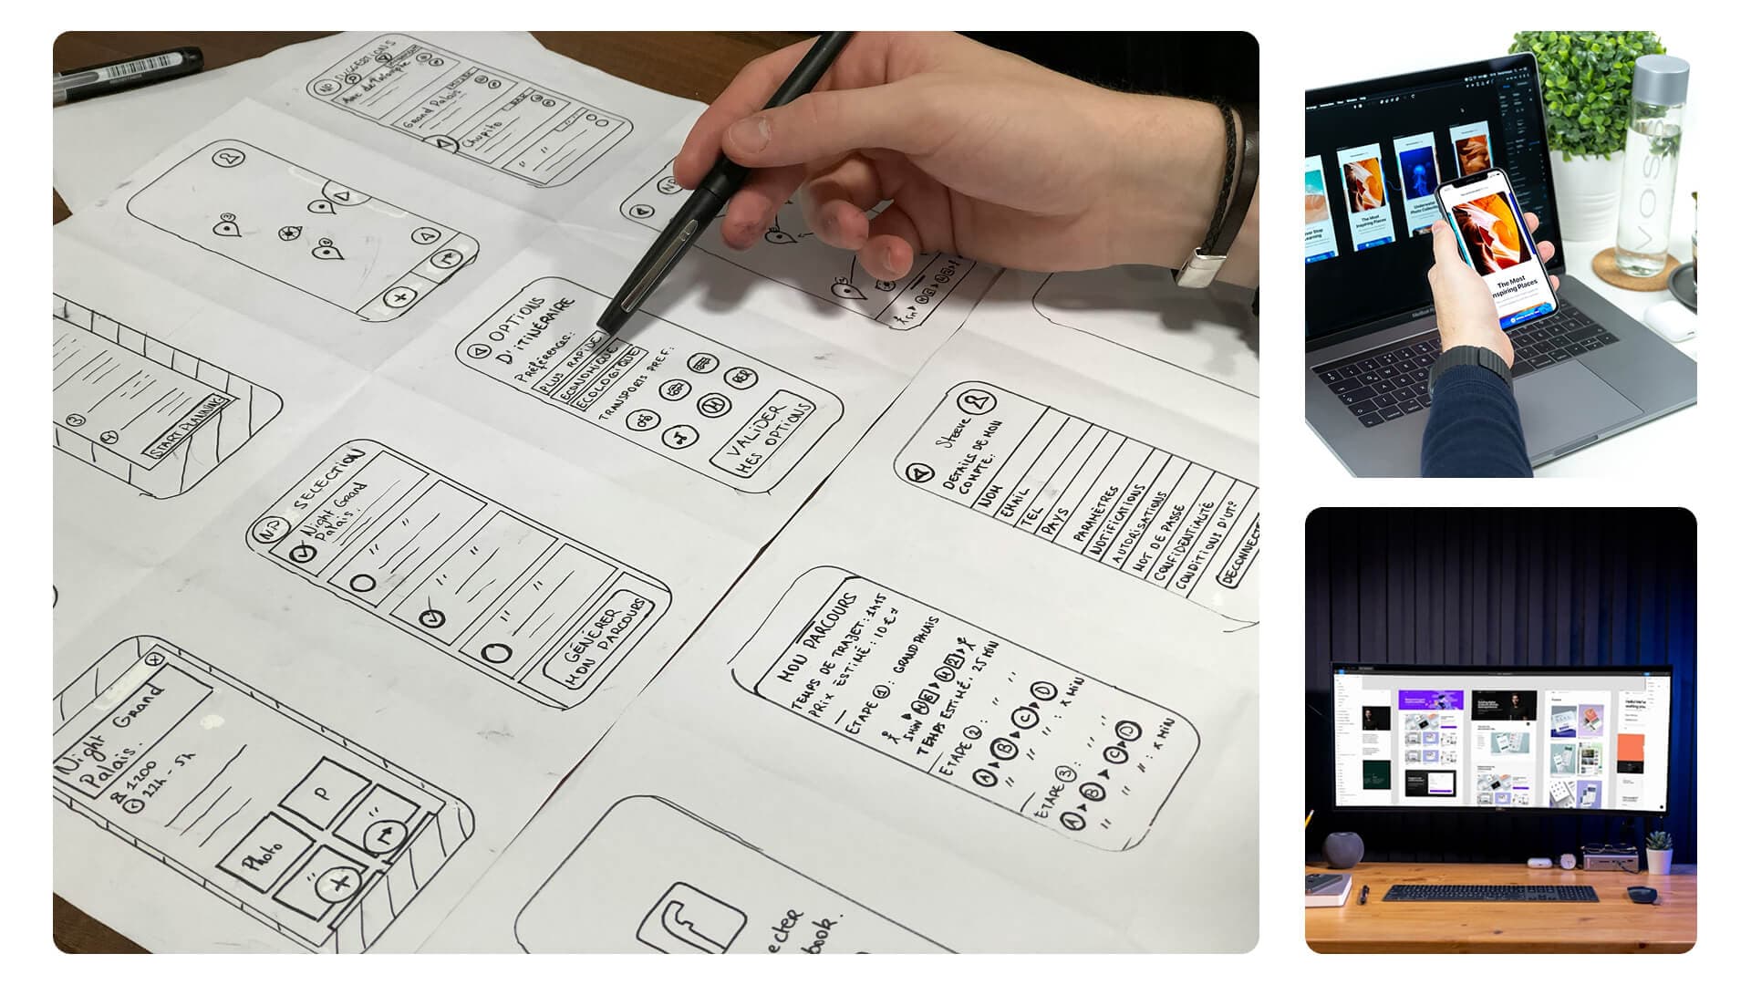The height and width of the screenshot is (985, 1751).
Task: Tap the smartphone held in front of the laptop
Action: pos(1496,251)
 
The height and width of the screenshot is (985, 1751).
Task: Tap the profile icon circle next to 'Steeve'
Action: pos(981,400)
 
